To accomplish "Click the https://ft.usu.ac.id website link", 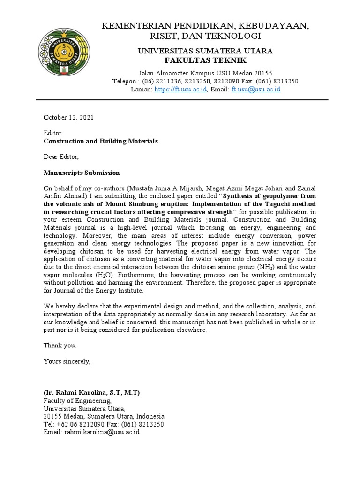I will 180,90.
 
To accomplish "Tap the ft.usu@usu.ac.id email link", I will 255,90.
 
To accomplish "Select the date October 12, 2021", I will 68,118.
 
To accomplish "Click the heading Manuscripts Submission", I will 82,172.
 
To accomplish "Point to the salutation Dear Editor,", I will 61,157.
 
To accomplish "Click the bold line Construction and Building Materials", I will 101,141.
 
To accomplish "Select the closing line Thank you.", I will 60,345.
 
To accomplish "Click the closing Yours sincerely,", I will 67,361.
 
